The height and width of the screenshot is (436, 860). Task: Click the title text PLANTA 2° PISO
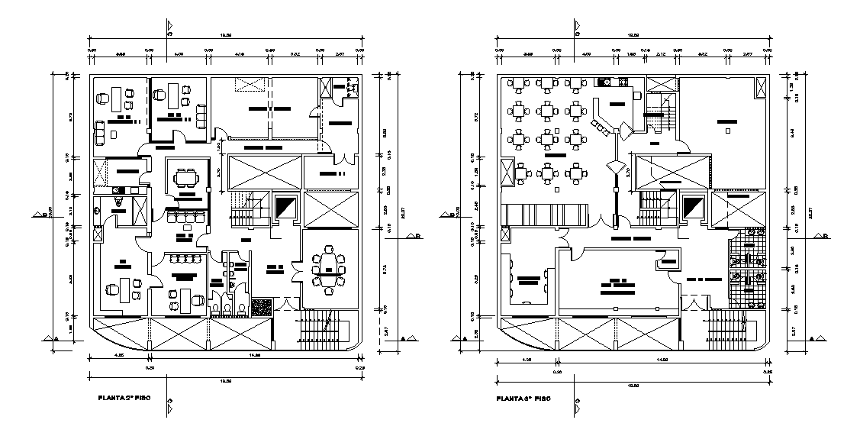tap(126, 398)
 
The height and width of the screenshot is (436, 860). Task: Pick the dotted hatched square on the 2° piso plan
tap(262, 305)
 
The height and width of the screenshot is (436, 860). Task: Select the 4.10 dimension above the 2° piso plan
tap(239, 54)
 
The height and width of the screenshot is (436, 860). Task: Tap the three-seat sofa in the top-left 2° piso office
tap(202, 115)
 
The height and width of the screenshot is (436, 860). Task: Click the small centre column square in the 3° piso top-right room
tap(728, 131)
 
